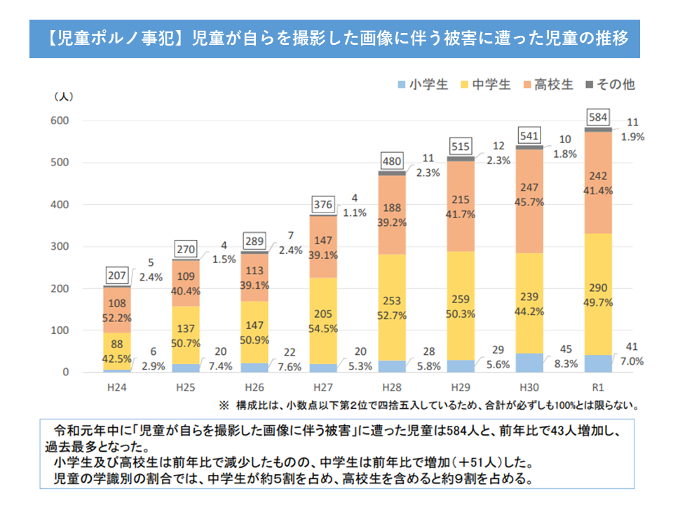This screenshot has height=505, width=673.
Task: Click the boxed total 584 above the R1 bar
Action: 597,116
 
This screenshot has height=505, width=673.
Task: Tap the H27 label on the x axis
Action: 322,387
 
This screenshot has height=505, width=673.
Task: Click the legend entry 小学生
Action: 423,85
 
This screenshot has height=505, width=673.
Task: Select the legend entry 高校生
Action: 548,85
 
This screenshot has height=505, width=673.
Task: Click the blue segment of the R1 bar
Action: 597,364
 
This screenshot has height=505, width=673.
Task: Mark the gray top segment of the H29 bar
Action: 460,159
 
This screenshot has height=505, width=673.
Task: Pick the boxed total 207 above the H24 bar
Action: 117,274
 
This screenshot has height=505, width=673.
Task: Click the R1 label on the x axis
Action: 598,387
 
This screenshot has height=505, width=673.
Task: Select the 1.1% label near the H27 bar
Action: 355,213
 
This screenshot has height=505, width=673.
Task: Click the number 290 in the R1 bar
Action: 597,290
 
